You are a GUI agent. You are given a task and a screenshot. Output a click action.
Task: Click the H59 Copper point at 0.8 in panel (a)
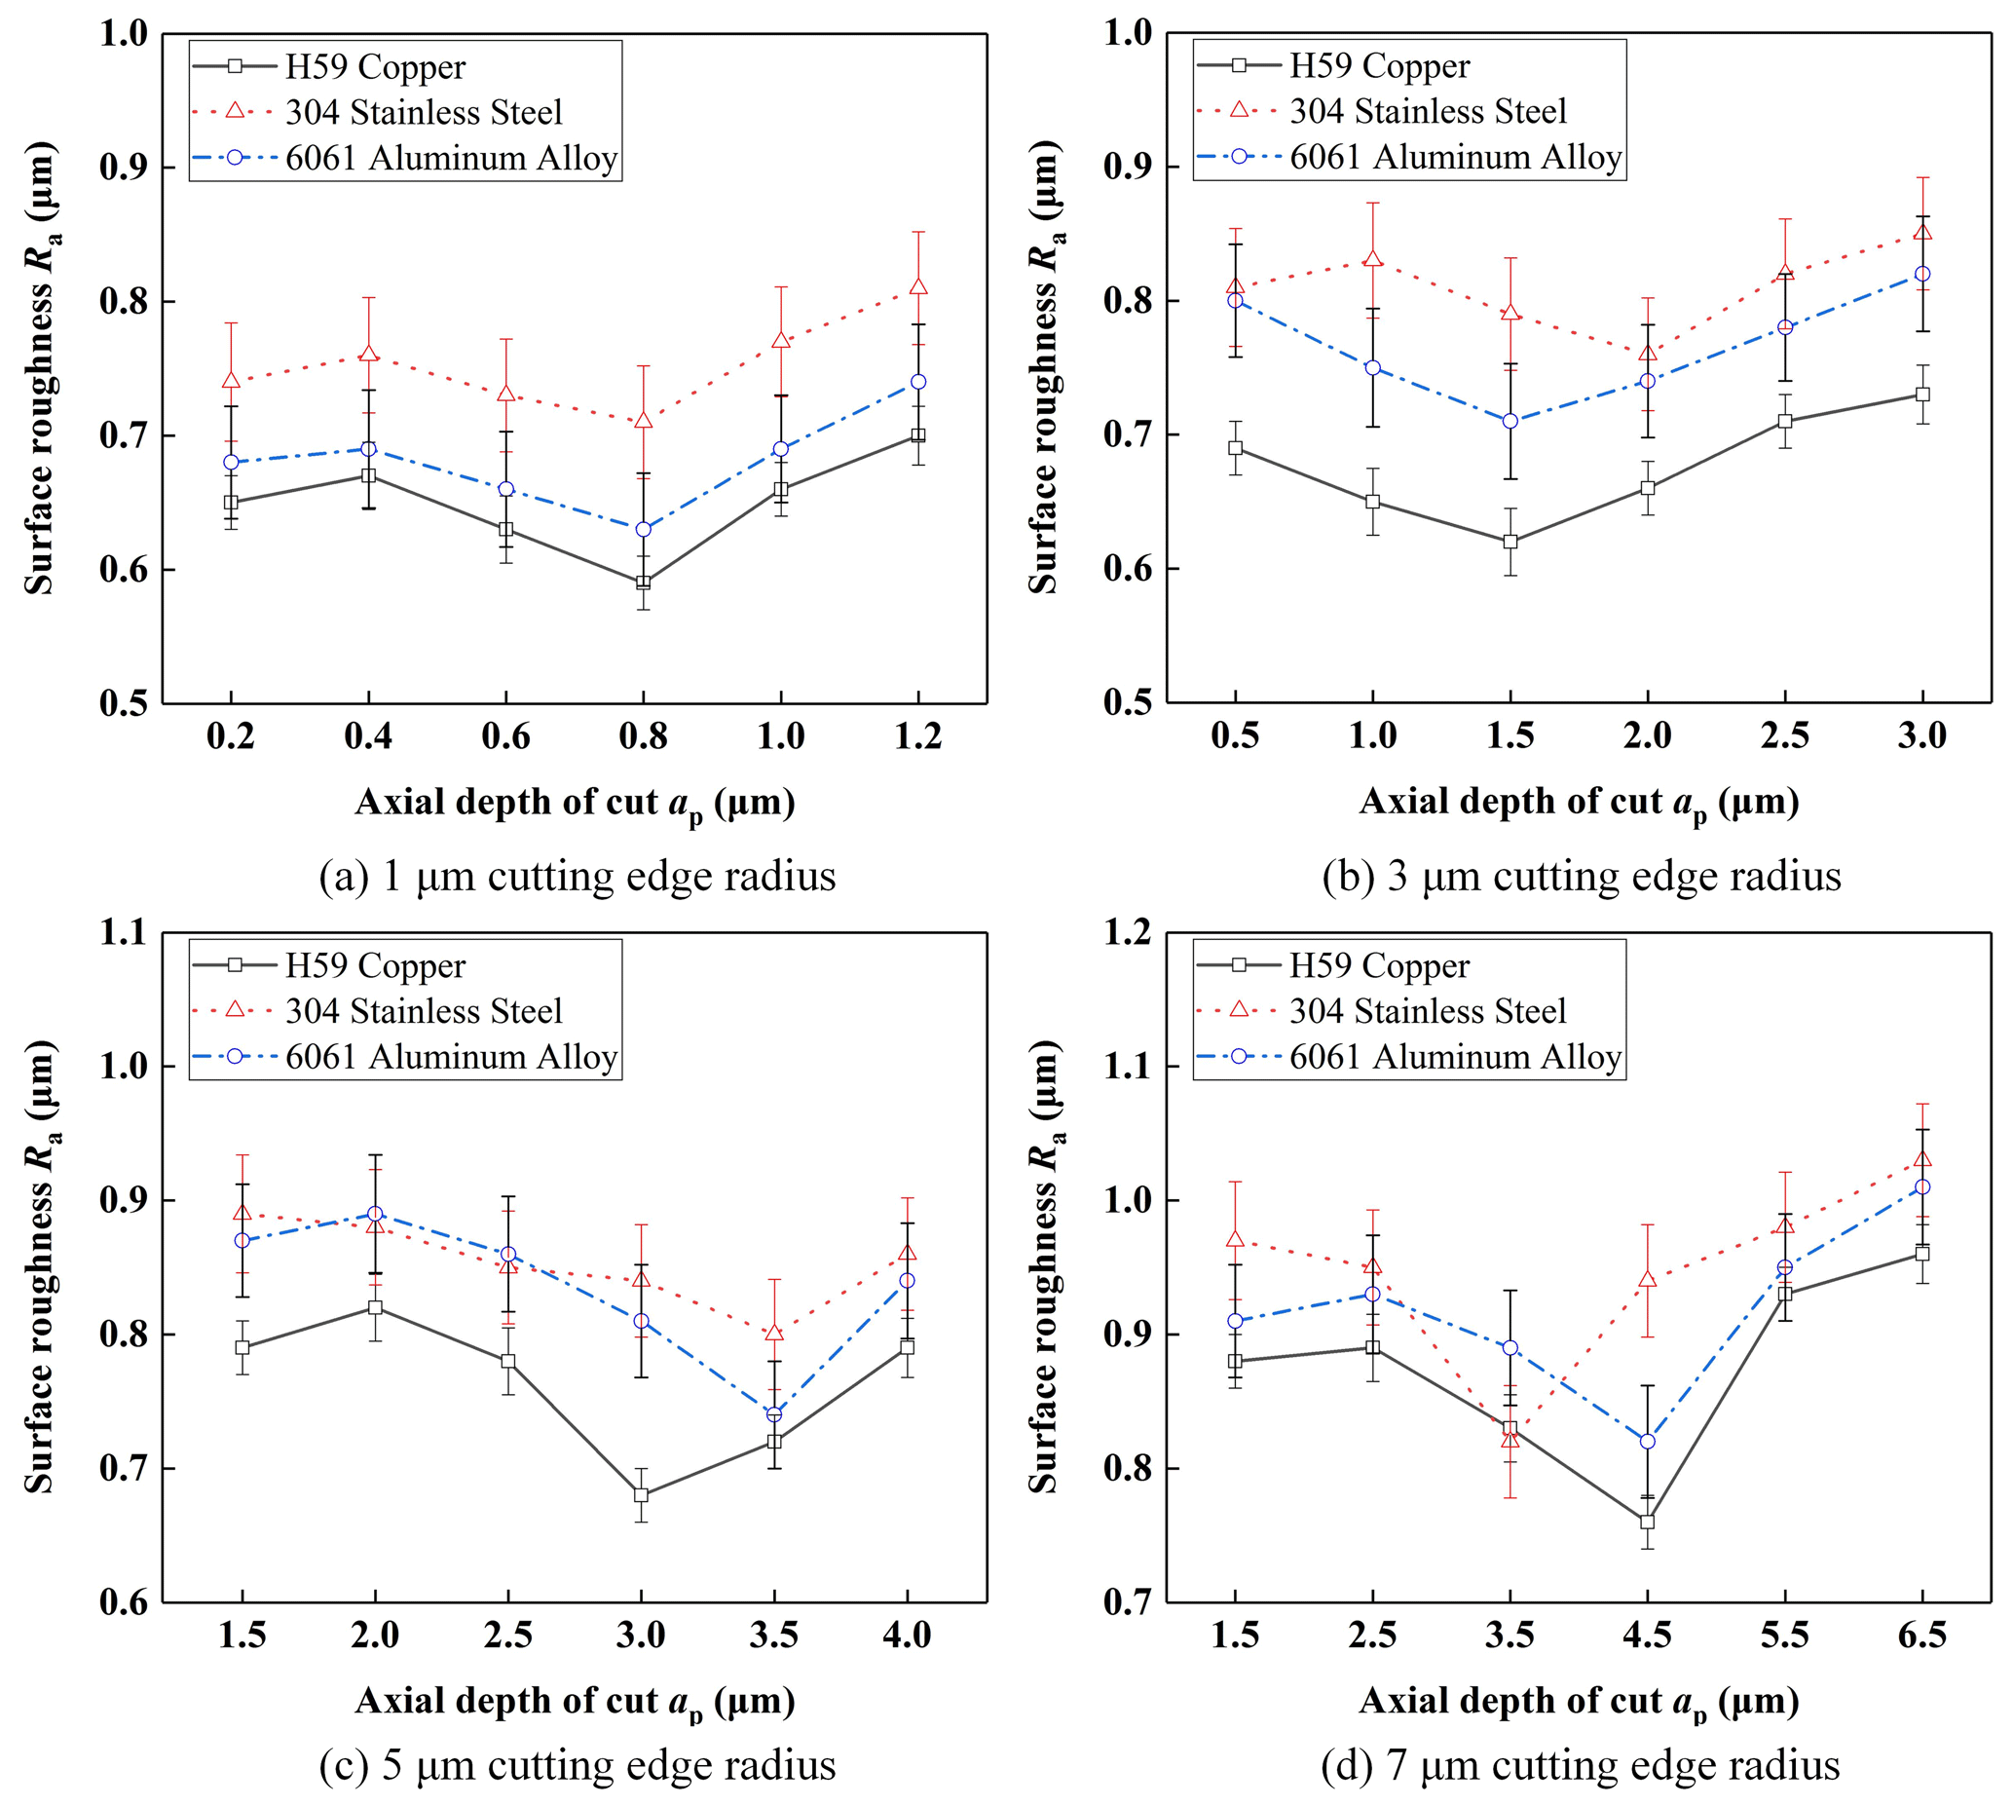[x=643, y=583]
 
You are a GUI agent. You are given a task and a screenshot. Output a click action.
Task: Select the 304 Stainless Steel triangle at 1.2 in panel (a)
[x=917, y=287]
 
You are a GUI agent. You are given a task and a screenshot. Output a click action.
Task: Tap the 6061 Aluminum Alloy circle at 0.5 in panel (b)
[x=1235, y=301]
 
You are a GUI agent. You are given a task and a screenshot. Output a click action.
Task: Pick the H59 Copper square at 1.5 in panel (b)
[x=1510, y=542]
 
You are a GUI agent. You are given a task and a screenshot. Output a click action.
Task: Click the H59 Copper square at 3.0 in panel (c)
[x=641, y=1494]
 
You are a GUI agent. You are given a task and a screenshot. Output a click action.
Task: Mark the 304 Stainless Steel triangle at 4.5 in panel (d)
[x=1647, y=1279]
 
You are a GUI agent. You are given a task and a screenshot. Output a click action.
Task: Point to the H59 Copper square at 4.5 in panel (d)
[x=1647, y=1522]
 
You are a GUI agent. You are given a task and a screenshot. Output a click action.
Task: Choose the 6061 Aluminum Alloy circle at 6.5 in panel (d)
[x=1921, y=1186]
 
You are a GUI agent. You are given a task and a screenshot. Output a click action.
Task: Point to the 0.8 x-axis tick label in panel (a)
[x=643, y=736]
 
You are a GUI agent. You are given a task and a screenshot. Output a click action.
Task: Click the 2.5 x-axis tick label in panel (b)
[x=1785, y=735]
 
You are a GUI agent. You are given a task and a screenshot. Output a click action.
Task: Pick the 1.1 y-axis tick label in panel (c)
[x=123, y=933]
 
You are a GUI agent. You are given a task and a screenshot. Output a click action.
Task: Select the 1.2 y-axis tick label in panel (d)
[x=1128, y=933]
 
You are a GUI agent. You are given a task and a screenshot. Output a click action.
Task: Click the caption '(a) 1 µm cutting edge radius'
[x=578, y=876]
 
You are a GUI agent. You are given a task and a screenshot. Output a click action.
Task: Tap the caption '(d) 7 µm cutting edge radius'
[x=1581, y=1765]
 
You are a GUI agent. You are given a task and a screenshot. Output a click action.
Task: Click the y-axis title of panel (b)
[x=1044, y=367]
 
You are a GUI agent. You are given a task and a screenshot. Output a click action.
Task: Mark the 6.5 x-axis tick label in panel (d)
[x=1921, y=1636]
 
